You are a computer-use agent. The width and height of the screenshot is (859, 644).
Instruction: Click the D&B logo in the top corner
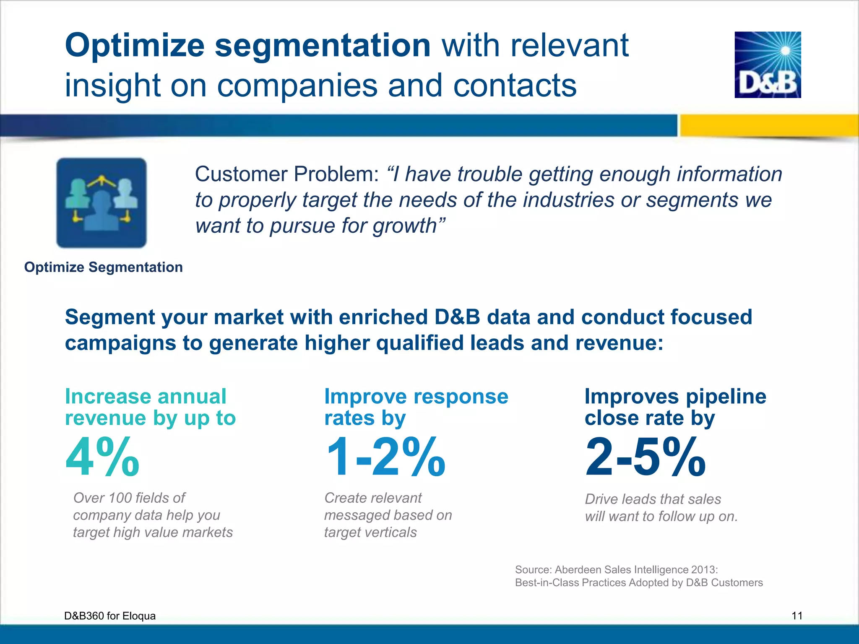click(768, 65)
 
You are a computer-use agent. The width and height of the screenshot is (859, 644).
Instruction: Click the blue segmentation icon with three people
click(102, 203)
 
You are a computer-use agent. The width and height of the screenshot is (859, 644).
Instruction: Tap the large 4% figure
click(102, 457)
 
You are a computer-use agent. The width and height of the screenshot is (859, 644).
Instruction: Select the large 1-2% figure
click(385, 457)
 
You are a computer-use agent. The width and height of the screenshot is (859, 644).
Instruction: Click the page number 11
click(797, 615)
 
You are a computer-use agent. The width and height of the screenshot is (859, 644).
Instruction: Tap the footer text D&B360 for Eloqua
click(110, 615)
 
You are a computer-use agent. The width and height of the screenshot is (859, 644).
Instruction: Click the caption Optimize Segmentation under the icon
click(103, 267)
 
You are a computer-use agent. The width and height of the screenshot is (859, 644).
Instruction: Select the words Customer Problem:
click(287, 174)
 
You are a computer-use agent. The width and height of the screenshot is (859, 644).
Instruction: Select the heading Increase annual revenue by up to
click(150, 407)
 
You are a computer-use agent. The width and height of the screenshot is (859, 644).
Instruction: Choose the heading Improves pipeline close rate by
click(675, 407)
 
